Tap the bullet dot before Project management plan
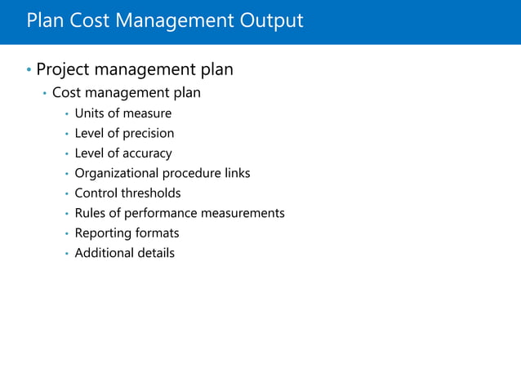point(29,70)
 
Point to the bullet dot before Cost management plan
point(45,94)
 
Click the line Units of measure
point(122,113)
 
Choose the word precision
point(148,133)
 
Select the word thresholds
point(153,193)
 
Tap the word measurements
point(244,213)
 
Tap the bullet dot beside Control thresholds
point(66,194)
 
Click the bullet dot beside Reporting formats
point(66,234)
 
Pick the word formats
point(156,233)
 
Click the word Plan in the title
point(43,20)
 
